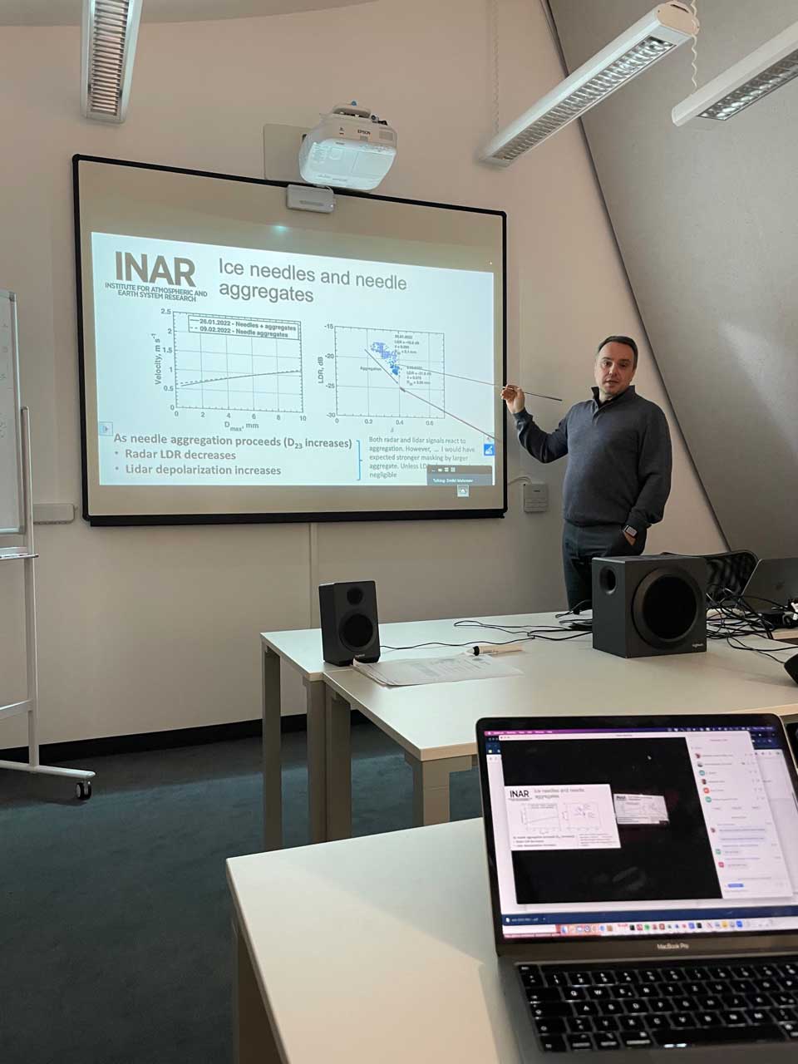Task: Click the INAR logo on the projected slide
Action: pyautogui.click(x=155, y=270)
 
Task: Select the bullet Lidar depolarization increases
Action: pyautogui.click(x=202, y=470)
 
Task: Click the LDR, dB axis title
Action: pyautogui.click(x=318, y=368)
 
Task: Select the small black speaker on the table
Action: pyautogui.click(x=349, y=621)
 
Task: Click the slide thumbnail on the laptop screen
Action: pyautogui.click(x=564, y=816)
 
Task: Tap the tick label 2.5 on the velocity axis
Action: pyautogui.click(x=166, y=313)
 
